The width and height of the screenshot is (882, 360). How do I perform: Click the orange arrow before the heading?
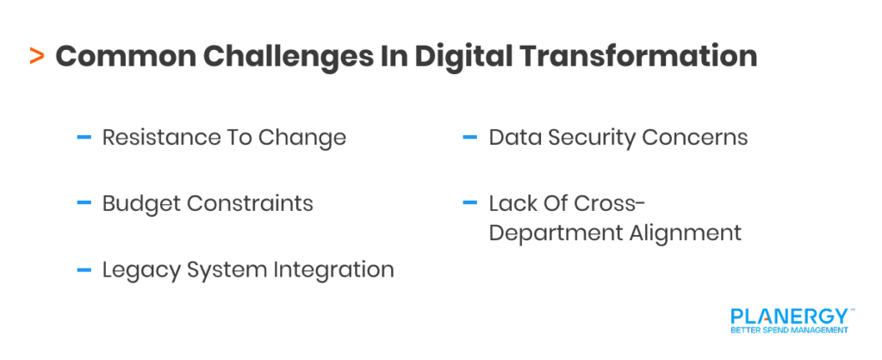point(36,57)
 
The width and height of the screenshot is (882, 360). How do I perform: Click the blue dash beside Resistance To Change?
point(84,137)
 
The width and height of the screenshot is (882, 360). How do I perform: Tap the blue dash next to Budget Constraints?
point(84,203)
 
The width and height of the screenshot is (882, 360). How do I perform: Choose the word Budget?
point(137,203)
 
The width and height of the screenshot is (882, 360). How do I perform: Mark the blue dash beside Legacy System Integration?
point(84,270)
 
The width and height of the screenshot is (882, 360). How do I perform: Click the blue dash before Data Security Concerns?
point(469,137)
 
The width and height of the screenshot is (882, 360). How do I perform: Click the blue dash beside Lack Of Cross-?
point(469,203)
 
